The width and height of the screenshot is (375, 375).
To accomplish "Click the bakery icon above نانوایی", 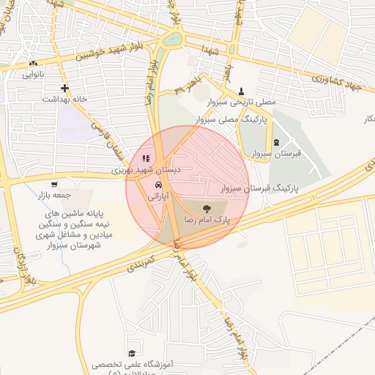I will coord(34,64).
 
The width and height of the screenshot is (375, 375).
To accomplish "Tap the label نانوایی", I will coord(34,74).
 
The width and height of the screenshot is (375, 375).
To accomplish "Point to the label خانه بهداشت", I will coord(65,98).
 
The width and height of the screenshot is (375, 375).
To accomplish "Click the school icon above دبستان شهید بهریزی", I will coord(146,157).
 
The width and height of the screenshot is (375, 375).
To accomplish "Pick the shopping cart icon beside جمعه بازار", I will coord(54,184).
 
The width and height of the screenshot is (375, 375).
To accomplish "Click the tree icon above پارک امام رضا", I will coord(204,209).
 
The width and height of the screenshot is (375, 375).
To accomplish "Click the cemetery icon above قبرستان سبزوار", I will coord(276,143).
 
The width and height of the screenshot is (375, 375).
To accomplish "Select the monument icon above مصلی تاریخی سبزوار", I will coord(241,91).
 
